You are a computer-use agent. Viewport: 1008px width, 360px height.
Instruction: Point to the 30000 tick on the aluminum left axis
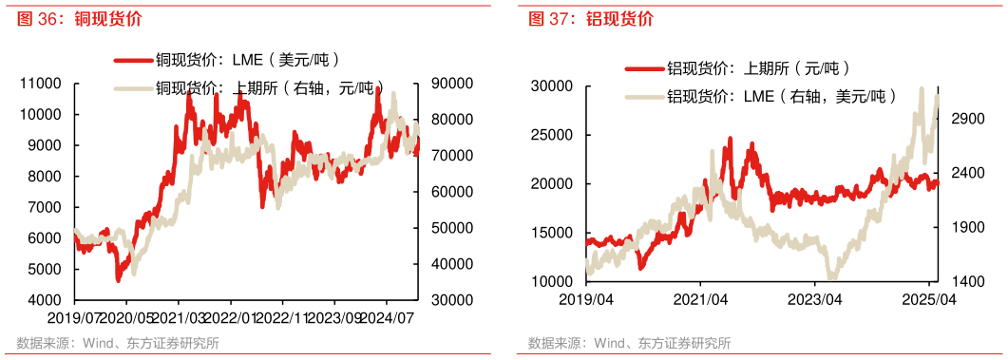point(556,86)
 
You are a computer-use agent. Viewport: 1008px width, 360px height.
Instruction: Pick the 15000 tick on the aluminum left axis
point(556,233)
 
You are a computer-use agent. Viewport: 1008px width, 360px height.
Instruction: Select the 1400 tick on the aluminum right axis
point(965,282)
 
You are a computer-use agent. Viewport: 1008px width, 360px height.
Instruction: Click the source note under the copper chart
point(118,343)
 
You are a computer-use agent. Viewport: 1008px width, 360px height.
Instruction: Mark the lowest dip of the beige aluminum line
point(833,278)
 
